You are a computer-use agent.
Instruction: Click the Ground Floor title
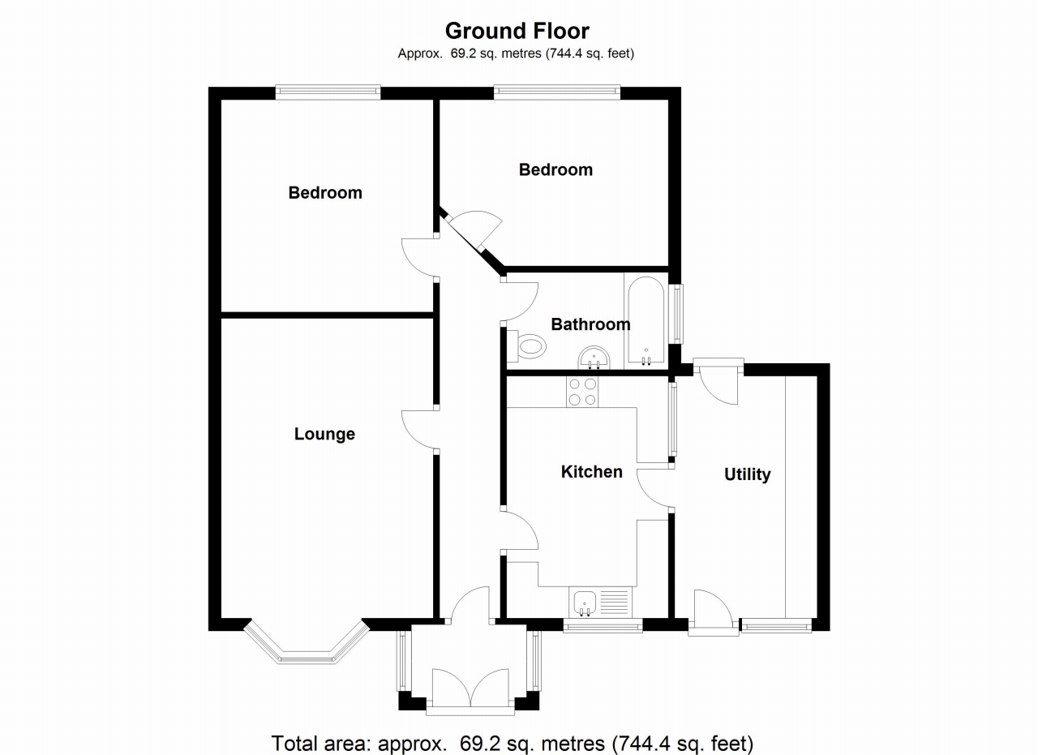(x=517, y=31)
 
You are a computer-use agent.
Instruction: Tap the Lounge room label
(x=324, y=434)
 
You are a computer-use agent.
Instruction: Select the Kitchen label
(x=592, y=471)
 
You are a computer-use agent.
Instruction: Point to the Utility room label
(x=747, y=474)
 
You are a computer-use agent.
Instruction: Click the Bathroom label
(x=590, y=324)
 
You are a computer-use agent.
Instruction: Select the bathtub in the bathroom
(x=646, y=321)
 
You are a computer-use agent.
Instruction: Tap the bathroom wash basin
(x=594, y=357)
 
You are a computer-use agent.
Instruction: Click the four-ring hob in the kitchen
(x=581, y=393)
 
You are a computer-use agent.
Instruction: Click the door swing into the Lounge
(x=418, y=430)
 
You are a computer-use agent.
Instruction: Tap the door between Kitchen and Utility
(x=654, y=488)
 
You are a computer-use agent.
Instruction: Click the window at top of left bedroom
(x=328, y=92)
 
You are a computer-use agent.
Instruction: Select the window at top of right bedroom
(x=557, y=92)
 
